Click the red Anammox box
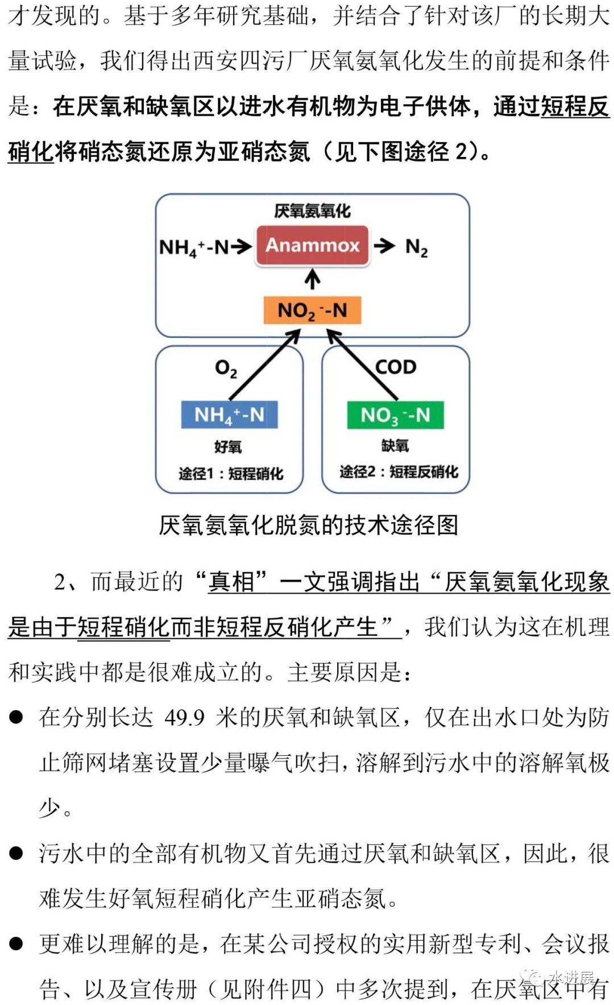click(x=312, y=245)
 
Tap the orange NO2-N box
click(x=312, y=310)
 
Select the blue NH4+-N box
click(x=229, y=415)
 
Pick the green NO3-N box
click(x=395, y=415)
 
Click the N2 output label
click(x=416, y=247)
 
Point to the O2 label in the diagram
click(x=226, y=369)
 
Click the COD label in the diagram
click(x=396, y=367)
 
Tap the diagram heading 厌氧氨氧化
click(x=312, y=211)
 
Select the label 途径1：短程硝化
click(x=230, y=473)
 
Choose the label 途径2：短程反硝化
click(x=399, y=472)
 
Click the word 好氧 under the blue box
click(x=228, y=446)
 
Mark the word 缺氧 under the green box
click(x=395, y=445)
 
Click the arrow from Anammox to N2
click(x=384, y=246)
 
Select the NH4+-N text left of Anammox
click(x=194, y=247)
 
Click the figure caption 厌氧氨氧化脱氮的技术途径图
click(x=308, y=525)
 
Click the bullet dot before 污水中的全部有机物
click(x=16, y=853)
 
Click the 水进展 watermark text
click(x=571, y=977)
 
